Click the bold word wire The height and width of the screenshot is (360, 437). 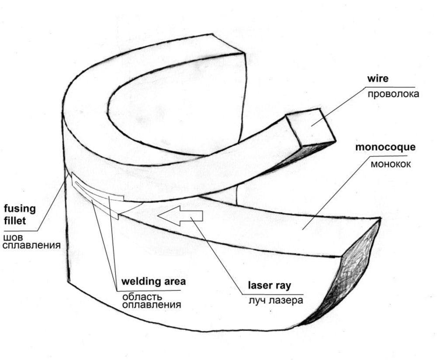tap(378, 79)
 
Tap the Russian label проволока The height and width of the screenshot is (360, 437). tap(393, 94)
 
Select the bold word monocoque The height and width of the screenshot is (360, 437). tap(385, 147)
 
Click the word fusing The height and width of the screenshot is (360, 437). tap(20, 208)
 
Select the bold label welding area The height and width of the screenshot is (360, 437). tap(153, 281)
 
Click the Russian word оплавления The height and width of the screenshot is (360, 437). tap(151, 305)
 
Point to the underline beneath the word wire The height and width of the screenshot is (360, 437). tap(388, 87)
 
